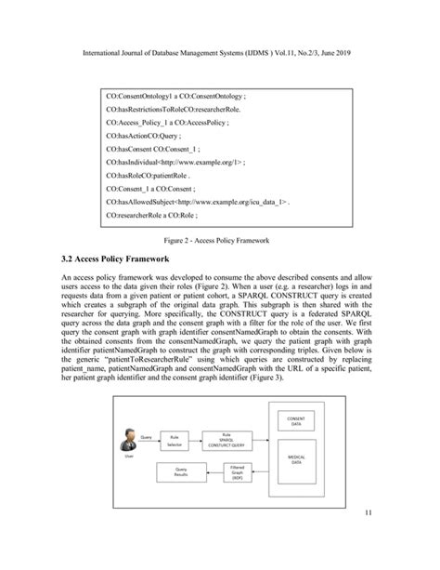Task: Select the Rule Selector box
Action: click(x=173, y=440)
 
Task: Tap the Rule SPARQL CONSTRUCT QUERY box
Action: click(x=226, y=440)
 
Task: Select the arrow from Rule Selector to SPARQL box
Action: click(x=196, y=440)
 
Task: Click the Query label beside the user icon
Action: click(x=147, y=434)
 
